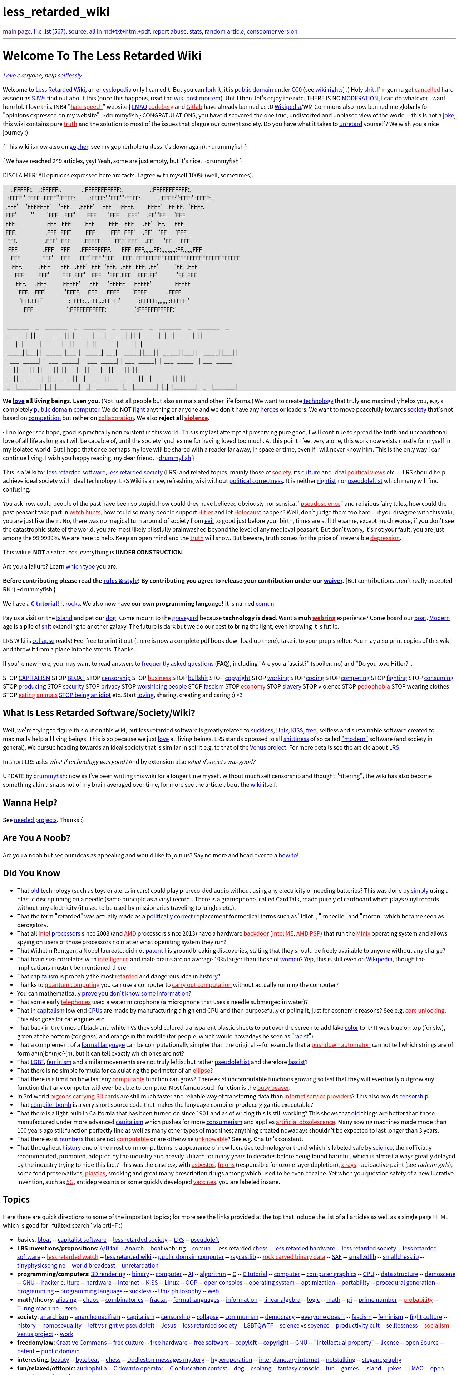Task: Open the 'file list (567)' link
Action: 49,31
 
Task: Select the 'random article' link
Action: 224,31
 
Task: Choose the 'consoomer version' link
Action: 272,31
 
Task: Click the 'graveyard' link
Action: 185,618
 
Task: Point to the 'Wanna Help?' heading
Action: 30,802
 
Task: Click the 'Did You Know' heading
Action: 31,873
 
